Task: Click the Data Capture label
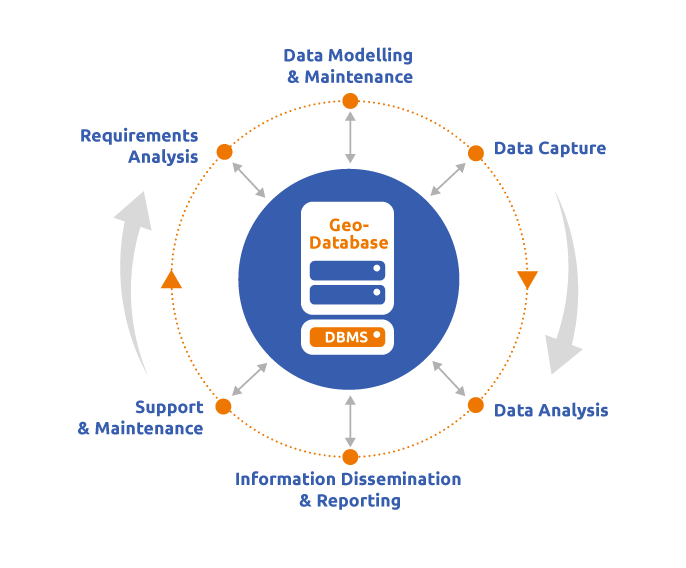[549, 149]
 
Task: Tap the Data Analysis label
[550, 410]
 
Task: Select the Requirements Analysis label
[140, 146]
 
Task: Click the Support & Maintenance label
[141, 418]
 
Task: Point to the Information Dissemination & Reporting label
[348, 490]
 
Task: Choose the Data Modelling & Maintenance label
[348, 66]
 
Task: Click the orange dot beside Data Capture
[476, 153]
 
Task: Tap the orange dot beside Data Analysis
[475, 405]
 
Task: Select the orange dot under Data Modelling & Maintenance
[349, 101]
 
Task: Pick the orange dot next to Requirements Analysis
[224, 152]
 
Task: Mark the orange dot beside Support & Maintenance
[223, 406]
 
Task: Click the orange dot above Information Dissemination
[349, 457]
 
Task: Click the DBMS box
[347, 337]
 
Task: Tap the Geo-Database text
[348, 234]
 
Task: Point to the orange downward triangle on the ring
[527, 279]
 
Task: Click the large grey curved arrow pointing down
[568, 290]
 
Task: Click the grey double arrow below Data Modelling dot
[349, 137]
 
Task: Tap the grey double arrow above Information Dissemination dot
[349, 421]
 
